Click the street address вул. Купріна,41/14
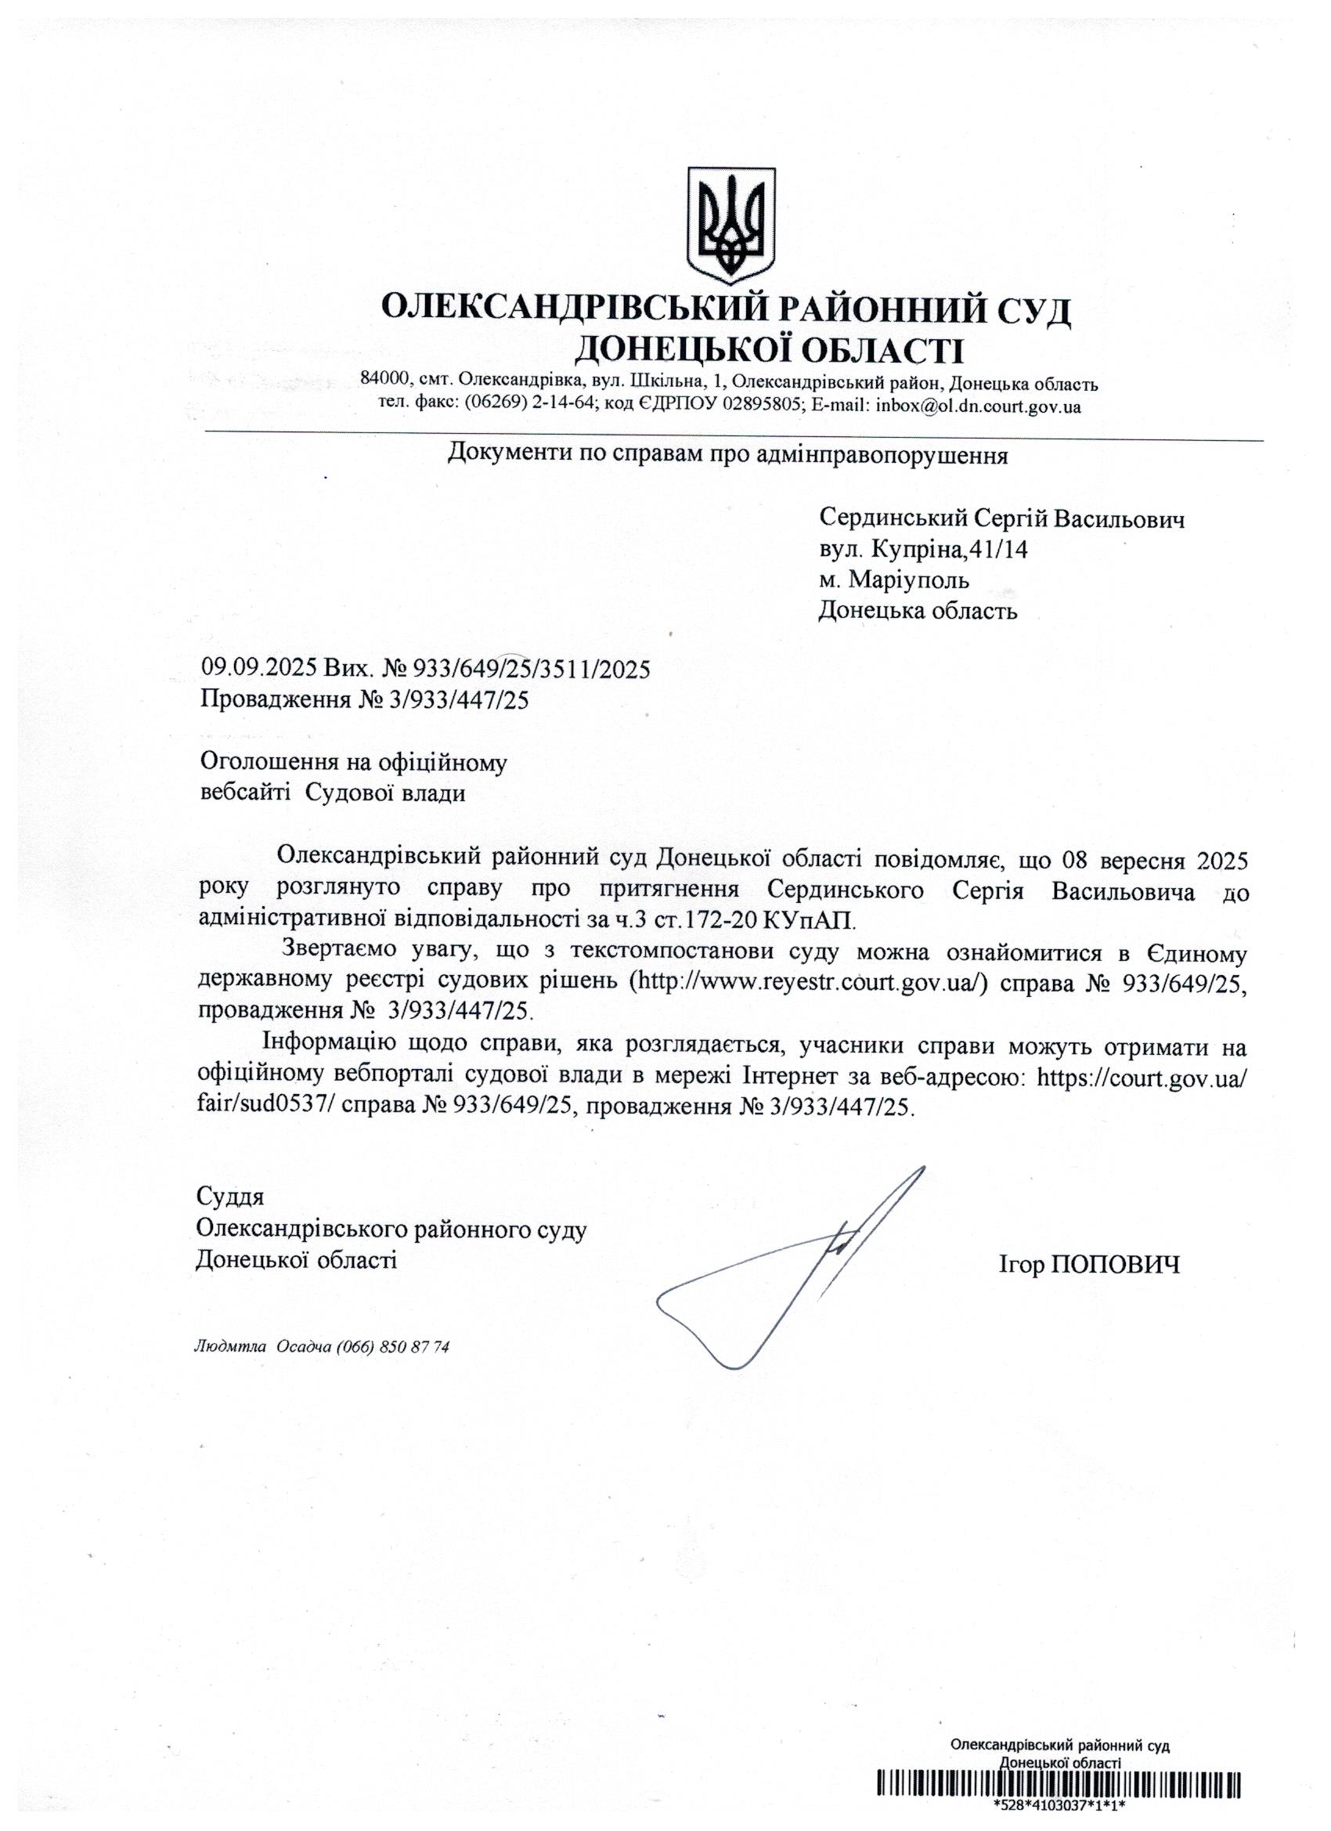(923, 549)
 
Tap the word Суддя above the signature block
(230, 1196)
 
